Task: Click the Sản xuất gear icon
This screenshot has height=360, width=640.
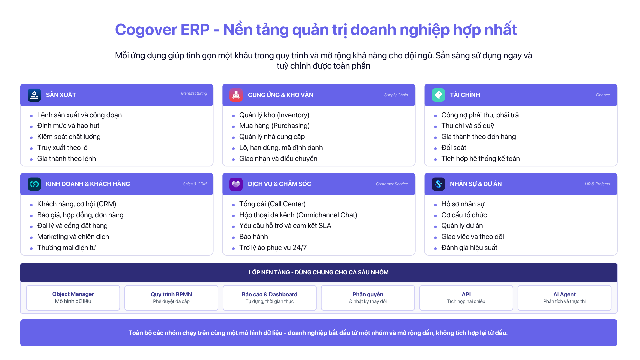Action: (34, 95)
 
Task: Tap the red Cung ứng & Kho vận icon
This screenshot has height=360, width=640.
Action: (236, 95)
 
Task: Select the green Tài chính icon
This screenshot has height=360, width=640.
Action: (438, 95)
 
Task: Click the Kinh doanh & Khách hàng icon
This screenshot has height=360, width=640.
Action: (34, 184)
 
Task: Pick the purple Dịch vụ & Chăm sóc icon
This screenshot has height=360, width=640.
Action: (236, 184)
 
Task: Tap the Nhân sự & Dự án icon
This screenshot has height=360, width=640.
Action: (438, 184)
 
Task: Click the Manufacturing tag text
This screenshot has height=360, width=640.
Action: (194, 93)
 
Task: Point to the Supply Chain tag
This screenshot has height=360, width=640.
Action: (396, 95)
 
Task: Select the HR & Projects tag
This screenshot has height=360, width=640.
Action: (597, 184)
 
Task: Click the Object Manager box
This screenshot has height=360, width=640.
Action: (73, 298)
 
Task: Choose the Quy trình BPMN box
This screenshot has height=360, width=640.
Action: (171, 298)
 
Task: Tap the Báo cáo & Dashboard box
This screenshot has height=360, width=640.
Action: (270, 298)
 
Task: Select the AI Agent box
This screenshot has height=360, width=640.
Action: (564, 298)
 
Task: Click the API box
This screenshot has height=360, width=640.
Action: (466, 298)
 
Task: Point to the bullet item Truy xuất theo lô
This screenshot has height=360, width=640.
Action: (62, 148)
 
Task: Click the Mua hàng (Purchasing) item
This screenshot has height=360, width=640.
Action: (274, 126)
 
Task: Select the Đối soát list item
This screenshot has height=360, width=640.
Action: (454, 148)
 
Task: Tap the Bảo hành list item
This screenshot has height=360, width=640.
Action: (253, 237)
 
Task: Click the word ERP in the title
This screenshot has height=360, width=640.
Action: (195, 30)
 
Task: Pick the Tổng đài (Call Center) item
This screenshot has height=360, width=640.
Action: (272, 204)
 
